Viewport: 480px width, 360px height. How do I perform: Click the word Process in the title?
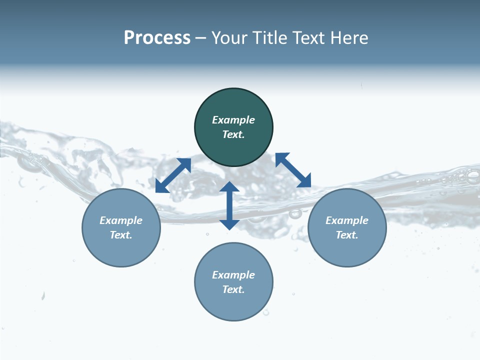157,38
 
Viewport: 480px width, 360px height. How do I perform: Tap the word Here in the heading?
348,38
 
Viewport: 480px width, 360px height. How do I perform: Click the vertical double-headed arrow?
229,205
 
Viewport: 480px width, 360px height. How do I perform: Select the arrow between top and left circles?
173,175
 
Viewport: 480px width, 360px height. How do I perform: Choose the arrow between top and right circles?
293,170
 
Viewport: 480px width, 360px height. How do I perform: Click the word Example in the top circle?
233,120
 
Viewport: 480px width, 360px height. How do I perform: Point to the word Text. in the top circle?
233,134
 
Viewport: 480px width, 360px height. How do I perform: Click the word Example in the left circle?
121,220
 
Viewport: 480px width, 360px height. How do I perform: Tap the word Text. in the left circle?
121,235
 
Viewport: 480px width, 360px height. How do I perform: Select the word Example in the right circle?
347,220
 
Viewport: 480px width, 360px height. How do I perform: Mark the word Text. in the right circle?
347,235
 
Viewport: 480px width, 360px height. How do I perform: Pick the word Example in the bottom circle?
233,275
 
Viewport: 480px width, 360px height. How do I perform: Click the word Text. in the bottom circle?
233,289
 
